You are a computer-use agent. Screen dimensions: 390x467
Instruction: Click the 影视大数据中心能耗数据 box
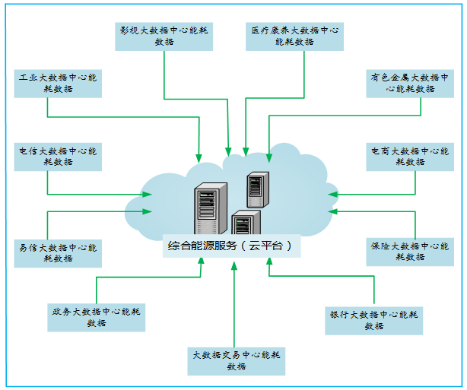pos(164,36)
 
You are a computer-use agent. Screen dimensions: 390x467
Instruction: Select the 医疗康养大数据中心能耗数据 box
pos(294,36)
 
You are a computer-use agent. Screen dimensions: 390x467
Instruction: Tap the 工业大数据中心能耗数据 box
pos(58,83)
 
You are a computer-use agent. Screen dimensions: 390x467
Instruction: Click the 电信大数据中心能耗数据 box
pos(58,157)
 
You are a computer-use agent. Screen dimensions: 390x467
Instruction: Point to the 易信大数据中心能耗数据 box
pos(58,252)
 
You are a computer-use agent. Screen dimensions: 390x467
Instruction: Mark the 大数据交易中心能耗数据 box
pos(237,360)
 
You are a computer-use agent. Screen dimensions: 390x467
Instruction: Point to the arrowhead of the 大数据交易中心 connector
pos(235,263)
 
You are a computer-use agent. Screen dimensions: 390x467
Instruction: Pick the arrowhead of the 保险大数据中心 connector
pos(332,211)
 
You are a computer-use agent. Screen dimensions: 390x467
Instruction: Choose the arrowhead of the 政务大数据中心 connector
pos(201,262)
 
